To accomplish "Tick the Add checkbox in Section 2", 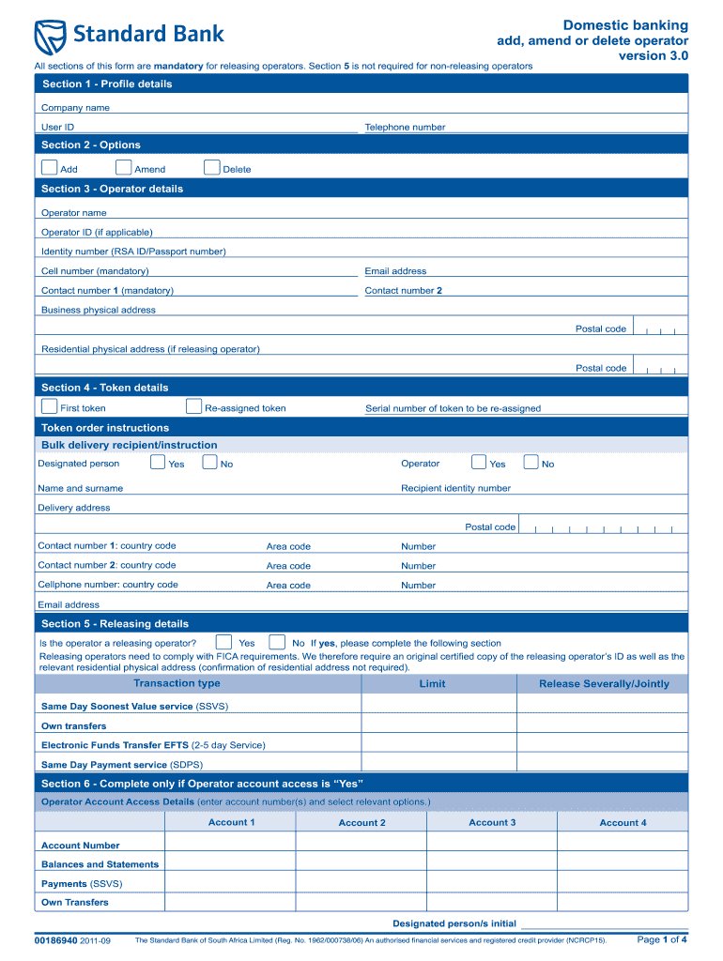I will [49, 168].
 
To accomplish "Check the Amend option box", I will [123, 168].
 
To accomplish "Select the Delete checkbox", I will [211, 168].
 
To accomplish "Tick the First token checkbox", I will [49, 406].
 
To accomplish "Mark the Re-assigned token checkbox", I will [193, 406].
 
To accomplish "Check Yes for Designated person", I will [158, 462].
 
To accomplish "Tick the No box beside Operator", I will [531, 462].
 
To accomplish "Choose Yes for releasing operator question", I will [224, 642].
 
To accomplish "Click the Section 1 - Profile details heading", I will [106, 84].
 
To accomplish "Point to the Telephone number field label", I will [405, 128].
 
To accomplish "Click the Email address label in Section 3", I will [395, 271].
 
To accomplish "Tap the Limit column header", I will [432, 684].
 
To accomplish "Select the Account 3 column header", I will [492, 823].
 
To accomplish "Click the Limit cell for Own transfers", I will [438, 725].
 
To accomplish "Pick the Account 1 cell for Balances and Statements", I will [231, 864].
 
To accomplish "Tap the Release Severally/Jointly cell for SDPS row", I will [602, 764].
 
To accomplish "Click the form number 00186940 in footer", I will [55, 940].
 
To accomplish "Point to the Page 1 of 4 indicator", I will [662, 939].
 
